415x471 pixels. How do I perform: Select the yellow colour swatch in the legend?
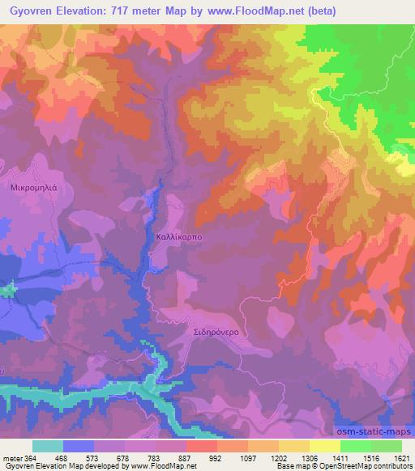[325, 446]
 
